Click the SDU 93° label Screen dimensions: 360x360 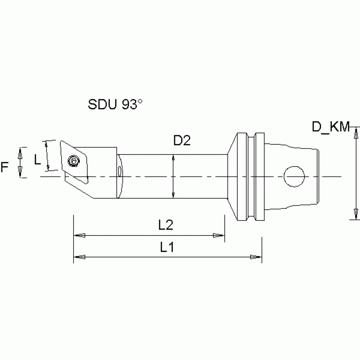pyautogui.click(x=115, y=104)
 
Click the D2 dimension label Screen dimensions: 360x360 pyautogui.click(x=182, y=141)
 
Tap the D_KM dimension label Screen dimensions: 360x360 pyautogui.click(x=331, y=126)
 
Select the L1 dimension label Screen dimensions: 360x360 pyautogui.click(x=166, y=247)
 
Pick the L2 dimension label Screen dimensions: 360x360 pyautogui.click(x=166, y=225)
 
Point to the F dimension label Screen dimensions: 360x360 pyautogui.click(x=5, y=167)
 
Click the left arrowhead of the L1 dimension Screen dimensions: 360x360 pyautogui.click(x=80, y=257)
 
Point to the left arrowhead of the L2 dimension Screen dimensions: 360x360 pyautogui.click(x=80, y=235)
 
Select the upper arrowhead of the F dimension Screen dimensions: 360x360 pyautogui.click(x=20, y=152)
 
